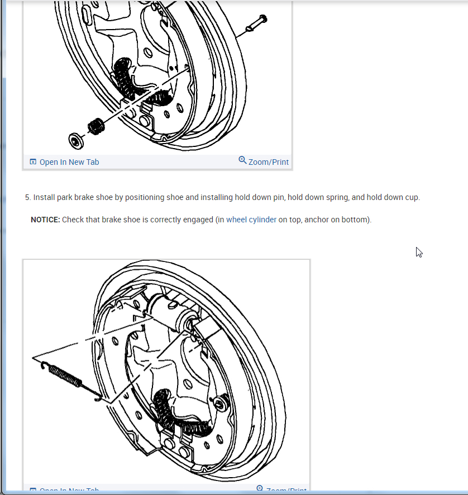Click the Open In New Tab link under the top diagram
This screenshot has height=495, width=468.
click(x=69, y=162)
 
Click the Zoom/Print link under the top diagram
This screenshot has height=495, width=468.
click(x=268, y=162)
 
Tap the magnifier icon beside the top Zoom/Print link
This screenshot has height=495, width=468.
click(x=242, y=160)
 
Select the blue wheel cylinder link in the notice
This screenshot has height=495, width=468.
click(x=251, y=220)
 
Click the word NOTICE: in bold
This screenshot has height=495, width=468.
click(x=45, y=220)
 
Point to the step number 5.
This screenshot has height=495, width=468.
click(x=27, y=197)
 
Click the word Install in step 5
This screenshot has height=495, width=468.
click(x=43, y=197)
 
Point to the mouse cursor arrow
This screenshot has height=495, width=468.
click(x=419, y=252)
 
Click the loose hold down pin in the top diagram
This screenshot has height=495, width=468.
click(x=255, y=25)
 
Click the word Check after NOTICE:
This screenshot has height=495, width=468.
click(x=73, y=220)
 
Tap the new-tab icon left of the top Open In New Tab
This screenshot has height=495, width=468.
click(x=33, y=162)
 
